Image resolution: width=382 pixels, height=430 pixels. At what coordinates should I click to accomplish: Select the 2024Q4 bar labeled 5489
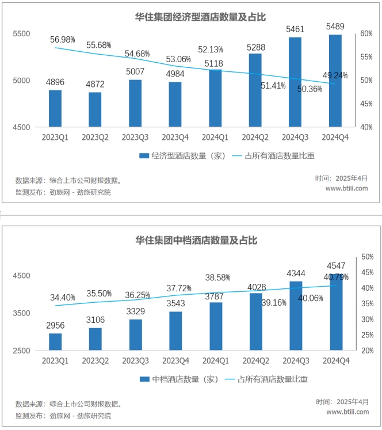point(335,81)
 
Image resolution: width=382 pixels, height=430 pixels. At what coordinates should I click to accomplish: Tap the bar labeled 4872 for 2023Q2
point(95,109)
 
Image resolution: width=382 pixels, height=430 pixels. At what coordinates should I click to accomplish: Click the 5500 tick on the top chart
point(21,34)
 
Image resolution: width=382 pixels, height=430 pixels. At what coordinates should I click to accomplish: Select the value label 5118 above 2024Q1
point(215,63)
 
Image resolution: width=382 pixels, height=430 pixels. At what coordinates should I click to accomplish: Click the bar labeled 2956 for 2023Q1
point(55,341)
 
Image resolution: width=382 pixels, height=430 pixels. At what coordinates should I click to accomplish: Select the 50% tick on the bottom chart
point(366,257)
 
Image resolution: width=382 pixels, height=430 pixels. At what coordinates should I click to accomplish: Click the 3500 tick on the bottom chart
point(21,313)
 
